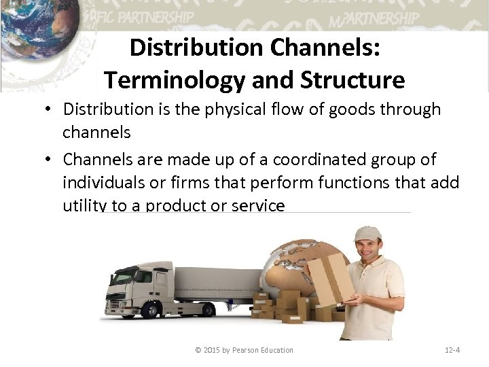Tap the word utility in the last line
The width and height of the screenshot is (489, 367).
click(x=84, y=206)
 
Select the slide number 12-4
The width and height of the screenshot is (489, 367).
click(x=452, y=350)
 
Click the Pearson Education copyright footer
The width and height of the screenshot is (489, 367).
click(x=244, y=350)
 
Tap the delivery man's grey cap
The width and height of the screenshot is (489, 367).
click(x=367, y=234)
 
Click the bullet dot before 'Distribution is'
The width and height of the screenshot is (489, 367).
click(x=52, y=110)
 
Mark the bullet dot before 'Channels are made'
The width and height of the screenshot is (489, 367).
click(x=52, y=160)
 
